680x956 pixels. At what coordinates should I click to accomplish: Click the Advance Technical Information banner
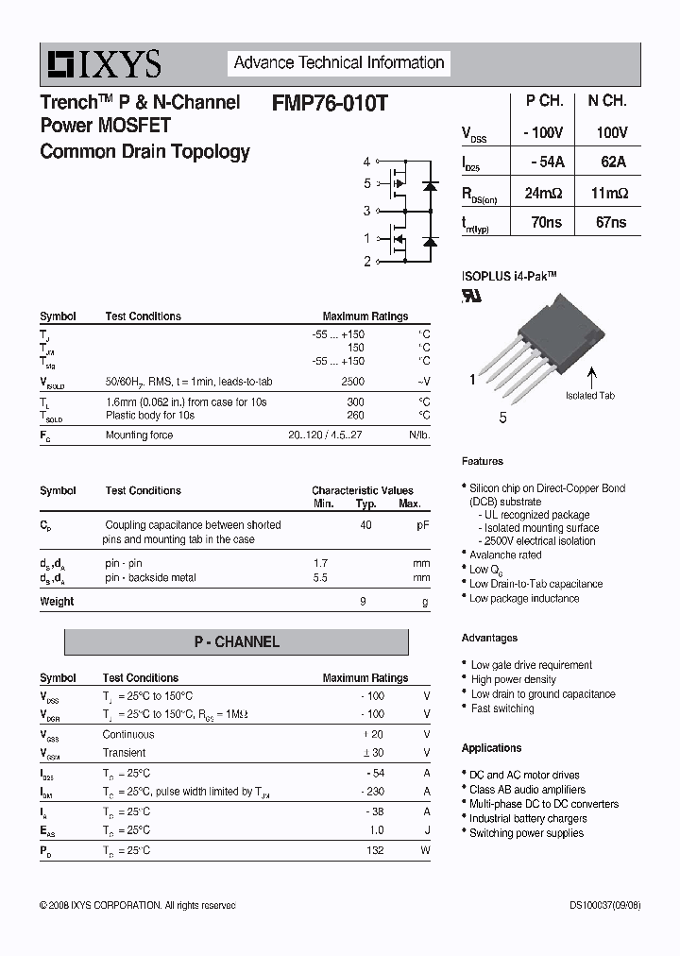[338, 63]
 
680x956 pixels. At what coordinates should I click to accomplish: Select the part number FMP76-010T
[329, 102]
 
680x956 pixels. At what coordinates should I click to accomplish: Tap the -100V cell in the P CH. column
[543, 133]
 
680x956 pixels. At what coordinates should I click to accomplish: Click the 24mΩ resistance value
[543, 193]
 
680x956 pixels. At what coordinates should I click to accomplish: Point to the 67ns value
[612, 223]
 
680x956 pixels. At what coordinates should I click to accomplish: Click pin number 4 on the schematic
[367, 162]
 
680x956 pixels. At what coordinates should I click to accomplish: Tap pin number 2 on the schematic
[367, 262]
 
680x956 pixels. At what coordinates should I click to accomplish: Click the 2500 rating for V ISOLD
[352, 381]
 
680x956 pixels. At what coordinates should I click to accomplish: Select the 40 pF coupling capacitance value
[365, 524]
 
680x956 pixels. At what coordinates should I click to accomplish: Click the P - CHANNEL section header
[236, 642]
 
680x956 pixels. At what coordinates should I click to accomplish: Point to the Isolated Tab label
[590, 395]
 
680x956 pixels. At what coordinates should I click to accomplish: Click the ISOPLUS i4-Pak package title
[509, 275]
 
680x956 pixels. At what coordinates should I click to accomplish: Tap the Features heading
[483, 461]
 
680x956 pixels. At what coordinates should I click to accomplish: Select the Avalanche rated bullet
[505, 555]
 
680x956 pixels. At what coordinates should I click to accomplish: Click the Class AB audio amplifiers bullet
[527, 790]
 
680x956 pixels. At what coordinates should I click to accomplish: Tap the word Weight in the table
[57, 601]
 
